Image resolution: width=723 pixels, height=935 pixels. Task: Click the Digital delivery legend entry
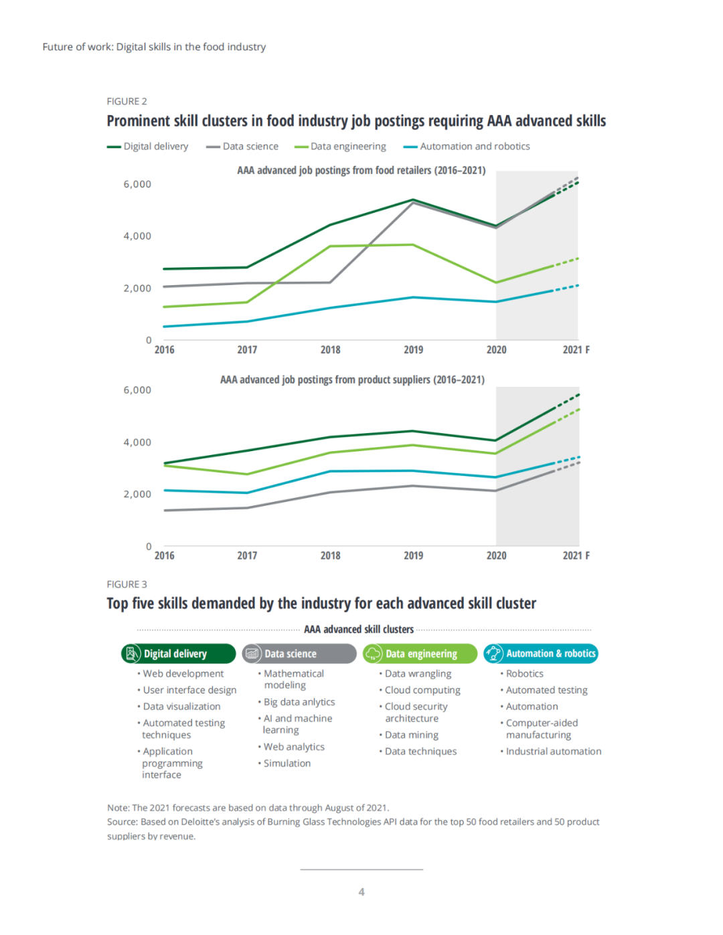coord(148,147)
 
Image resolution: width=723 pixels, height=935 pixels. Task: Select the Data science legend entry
coord(242,147)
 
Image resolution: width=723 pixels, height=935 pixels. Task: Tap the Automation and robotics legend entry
coord(467,147)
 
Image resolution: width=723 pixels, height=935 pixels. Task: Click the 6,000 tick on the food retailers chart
coord(137,184)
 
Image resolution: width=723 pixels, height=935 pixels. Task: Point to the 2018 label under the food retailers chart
coord(330,350)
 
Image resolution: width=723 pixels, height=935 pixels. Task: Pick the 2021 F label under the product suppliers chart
coord(576,556)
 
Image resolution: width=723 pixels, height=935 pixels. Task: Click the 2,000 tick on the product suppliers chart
coord(137,494)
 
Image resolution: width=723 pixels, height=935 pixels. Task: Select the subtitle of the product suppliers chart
coord(352,379)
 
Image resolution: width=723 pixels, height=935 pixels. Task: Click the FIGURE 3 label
coord(127,584)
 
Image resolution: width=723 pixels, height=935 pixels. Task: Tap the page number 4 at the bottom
coord(361,891)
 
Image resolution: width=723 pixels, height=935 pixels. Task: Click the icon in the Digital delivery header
coord(133,653)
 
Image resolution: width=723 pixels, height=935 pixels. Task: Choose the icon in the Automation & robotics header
coord(494,653)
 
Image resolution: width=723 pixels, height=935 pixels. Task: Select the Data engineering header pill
coord(420,654)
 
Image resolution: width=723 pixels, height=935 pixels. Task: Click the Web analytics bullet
coord(293,747)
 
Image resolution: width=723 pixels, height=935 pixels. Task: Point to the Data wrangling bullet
coord(418,674)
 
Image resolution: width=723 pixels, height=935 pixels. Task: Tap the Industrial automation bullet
coord(553,752)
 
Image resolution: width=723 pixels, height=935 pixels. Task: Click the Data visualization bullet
coord(181,707)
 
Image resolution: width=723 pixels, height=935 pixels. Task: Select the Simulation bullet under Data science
coord(287,764)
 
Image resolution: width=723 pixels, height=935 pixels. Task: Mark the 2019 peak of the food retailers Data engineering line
coord(414,245)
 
